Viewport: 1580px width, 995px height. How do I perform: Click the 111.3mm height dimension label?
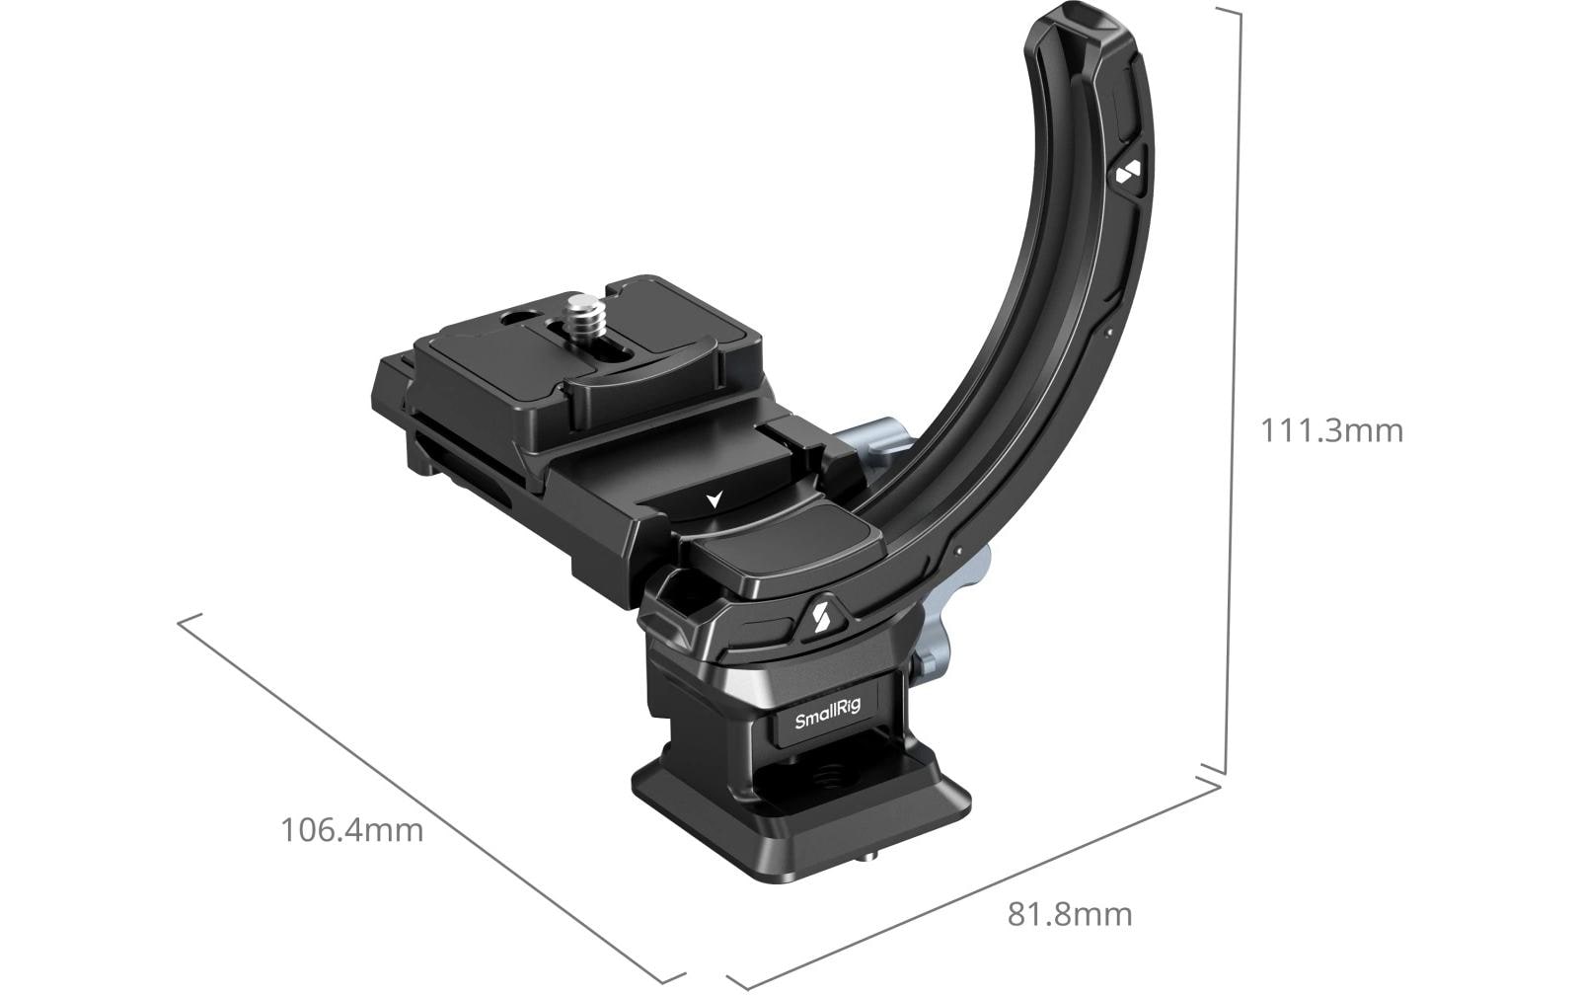coord(1331,430)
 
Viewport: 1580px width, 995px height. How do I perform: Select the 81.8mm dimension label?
coord(1070,914)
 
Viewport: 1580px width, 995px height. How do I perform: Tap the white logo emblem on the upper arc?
coord(1128,174)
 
